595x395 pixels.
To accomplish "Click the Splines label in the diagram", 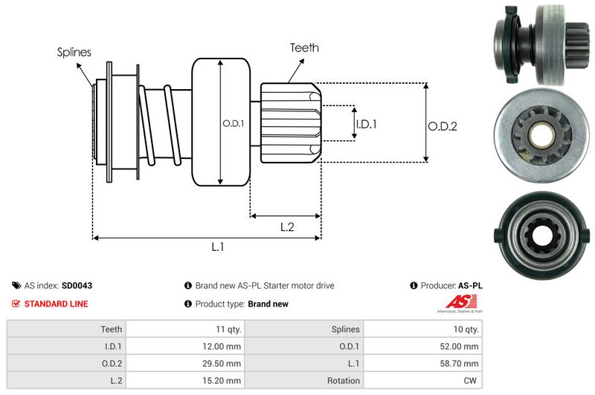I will click(74, 52).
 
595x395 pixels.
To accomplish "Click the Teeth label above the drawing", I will click(305, 48).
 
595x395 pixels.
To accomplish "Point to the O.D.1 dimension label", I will click(234, 123).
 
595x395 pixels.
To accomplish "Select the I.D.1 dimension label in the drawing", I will click(366, 124).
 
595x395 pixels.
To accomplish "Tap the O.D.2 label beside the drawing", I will click(442, 126).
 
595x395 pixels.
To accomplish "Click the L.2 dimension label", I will click(287, 228).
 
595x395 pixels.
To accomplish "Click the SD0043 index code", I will click(77, 285).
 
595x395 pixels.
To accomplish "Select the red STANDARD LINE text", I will click(56, 304).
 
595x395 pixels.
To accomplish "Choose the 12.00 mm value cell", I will click(223, 346).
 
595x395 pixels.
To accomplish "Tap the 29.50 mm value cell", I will click(223, 364).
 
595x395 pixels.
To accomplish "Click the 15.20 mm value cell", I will click(223, 381).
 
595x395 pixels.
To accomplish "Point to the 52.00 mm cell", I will click(462, 346).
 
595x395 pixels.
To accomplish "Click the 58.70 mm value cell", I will click(462, 364).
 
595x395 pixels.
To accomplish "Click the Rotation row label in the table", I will click(343, 381).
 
